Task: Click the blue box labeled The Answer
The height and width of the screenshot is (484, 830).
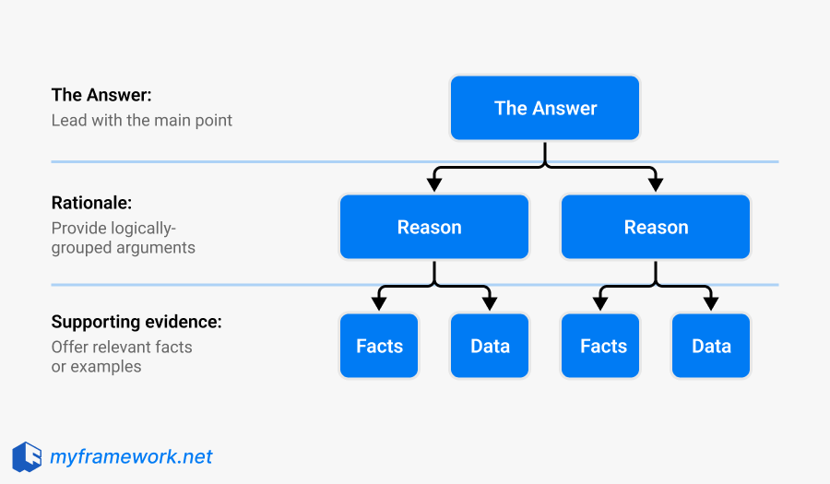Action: (x=545, y=108)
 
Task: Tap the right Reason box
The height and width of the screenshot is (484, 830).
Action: (x=656, y=227)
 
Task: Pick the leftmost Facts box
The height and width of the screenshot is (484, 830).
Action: (x=379, y=346)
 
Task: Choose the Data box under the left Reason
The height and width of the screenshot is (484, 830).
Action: (x=490, y=346)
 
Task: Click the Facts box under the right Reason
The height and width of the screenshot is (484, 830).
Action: (x=603, y=346)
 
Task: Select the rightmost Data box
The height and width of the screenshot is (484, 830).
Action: (x=711, y=346)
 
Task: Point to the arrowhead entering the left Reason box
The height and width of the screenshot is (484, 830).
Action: (x=434, y=184)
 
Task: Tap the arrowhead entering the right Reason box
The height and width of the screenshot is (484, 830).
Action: (x=656, y=184)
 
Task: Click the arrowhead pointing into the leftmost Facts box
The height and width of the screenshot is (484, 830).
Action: (x=379, y=303)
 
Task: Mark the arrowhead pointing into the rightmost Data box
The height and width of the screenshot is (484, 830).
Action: (x=711, y=303)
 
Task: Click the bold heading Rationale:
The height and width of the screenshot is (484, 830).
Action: (x=92, y=203)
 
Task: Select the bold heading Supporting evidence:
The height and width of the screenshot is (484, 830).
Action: (x=136, y=322)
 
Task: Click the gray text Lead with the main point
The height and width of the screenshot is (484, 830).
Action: (x=142, y=120)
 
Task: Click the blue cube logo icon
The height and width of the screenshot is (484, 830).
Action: (x=27, y=456)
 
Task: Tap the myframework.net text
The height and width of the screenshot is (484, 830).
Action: (x=131, y=456)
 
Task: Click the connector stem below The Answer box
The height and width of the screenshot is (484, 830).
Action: (x=545, y=154)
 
